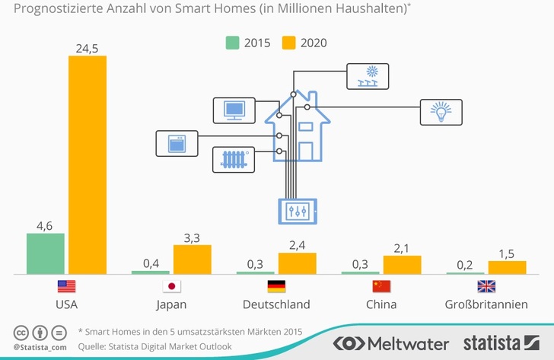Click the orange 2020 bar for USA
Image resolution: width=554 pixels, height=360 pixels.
(x=88, y=164)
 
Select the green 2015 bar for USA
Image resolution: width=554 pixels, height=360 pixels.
(x=46, y=253)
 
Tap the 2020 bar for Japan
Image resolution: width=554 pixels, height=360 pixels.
(x=192, y=260)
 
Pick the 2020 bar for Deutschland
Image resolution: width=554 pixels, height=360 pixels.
(x=297, y=263)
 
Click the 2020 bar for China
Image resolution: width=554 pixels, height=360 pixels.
(x=402, y=265)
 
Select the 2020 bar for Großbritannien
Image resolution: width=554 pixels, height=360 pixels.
(x=507, y=267)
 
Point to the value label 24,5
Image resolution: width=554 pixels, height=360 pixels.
(x=88, y=48)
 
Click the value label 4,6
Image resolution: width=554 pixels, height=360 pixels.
(x=45, y=225)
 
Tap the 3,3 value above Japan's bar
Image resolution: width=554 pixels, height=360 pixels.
(x=192, y=237)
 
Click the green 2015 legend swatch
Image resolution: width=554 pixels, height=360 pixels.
(x=233, y=42)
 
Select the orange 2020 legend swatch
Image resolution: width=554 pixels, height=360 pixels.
(x=288, y=42)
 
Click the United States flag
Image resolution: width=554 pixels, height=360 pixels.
(x=66, y=287)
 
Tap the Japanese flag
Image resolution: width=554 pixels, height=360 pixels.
(x=171, y=287)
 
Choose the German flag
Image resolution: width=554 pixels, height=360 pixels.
(x=276, y=287)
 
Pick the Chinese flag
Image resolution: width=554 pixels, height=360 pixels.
(x=381, y=287)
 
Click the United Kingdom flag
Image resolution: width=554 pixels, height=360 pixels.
(x=486, y=287)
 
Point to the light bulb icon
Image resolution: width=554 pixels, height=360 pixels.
(x=441, y=111)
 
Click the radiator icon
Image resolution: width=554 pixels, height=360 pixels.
(x=234, y=159)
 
